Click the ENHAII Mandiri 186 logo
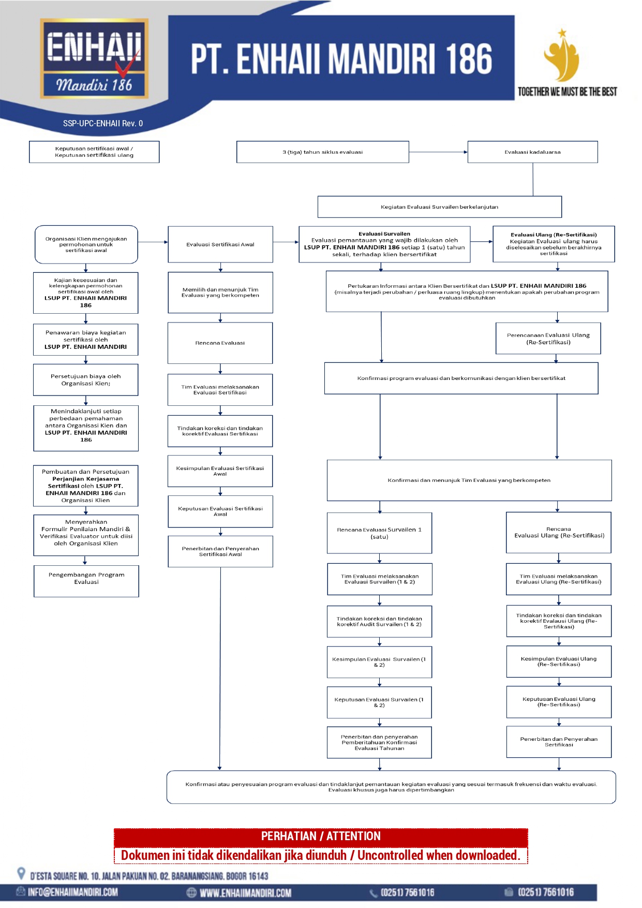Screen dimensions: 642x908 coord(94,58)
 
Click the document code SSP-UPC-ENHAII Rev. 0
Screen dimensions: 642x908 coord(103,123)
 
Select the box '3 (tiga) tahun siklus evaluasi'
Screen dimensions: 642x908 coord(323,152)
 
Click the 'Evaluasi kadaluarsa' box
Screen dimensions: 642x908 coord(533,152)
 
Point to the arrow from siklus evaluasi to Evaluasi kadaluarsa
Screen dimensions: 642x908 coord(438,152)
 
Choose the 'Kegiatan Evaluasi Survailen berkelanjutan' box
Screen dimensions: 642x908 coord(440,207)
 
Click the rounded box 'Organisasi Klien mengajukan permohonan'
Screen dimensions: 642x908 coord(86,244)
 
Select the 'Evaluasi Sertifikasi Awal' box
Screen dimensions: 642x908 coord(220,244)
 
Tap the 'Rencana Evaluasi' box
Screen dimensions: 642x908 coord(220,343)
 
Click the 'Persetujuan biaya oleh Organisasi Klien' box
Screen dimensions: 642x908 coord(86,380)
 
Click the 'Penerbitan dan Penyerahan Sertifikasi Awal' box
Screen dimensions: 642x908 coord(220,551)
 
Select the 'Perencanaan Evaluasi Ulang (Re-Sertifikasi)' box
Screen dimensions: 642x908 coord(548,339)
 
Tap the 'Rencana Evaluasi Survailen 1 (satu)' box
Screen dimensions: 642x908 coord(380,533)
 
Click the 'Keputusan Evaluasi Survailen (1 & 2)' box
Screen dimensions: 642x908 coord(379,702)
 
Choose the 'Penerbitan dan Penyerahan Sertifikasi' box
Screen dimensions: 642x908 coord(559,742)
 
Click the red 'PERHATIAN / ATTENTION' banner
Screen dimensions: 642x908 coord(321,836)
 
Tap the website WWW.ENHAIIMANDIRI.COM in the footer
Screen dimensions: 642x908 coord(245,893)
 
